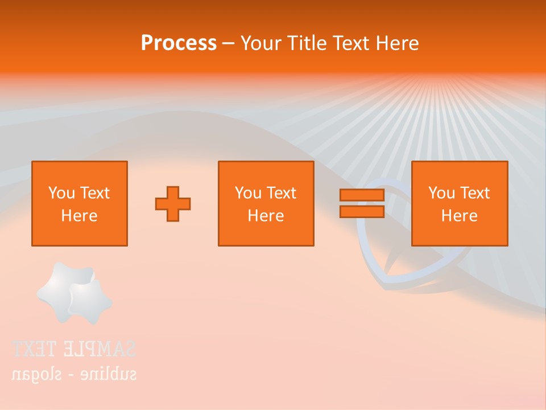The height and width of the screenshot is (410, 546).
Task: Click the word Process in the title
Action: (x=179, y=43)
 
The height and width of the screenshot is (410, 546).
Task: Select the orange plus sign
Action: (x=173, y=204)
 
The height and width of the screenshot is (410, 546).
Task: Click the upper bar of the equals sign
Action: (x=362, y=195)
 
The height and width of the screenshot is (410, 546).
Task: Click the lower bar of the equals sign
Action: (x=362, y=211)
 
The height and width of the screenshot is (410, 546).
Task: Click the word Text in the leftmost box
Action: (x=94, y=193)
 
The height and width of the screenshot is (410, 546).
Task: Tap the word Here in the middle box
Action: (x=266, y=216)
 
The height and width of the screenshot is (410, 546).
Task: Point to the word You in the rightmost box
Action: (x=441, y=193)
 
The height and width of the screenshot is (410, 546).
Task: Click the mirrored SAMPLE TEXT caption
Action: (x=73, y=348)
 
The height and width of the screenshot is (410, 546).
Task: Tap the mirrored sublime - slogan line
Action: (x=73, y=374)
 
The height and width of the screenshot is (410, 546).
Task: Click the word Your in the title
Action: (x=260, y=43)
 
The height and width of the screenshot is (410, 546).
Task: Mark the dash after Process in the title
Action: (x=228, y=43)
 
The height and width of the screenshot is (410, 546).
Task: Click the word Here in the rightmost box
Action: (x=459, y=216)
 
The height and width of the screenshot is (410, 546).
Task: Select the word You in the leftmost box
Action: (x=61, y=193)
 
